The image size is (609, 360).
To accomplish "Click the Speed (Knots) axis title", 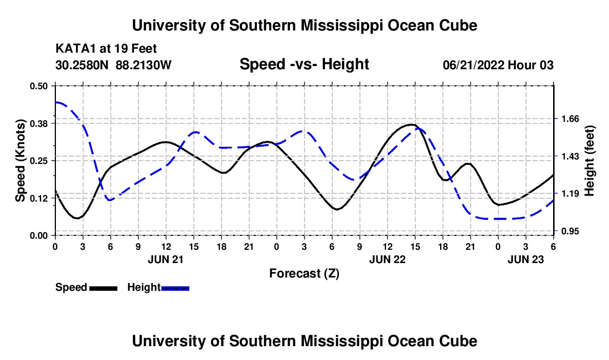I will click(x=20, y=161).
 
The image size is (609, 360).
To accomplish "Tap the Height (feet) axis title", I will click(x=589, y=161).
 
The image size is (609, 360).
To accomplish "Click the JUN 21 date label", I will click(x=165, y=259).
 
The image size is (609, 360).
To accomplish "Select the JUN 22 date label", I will click(x=388, y=259).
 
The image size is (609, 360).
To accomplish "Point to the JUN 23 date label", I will click(x=526, y=259).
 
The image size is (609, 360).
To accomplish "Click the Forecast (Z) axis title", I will click(x=304, y=273).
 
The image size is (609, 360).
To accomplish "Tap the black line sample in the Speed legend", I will click(x=103, y=288).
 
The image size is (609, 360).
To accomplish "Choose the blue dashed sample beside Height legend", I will click(x=175, y=288).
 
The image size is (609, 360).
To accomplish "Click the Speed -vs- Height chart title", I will click(x=304, y=64).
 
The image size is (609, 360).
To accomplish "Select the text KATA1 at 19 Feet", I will click(x=106, y=49).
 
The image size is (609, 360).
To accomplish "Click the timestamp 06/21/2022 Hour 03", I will click(x=498, y=65).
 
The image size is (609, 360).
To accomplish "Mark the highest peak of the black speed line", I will click(x=410, y=125).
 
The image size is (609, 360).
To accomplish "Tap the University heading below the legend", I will click(x=304, y=341).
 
